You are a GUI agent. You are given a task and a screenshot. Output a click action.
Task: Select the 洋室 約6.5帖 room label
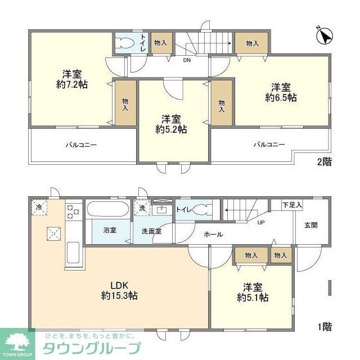(x=281, y=92)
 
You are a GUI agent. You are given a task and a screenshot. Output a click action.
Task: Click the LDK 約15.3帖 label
(x=120, y=290)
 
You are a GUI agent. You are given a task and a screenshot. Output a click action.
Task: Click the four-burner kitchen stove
(x=73, y=211)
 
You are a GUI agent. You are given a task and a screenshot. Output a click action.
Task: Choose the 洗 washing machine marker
(x=142, y=207)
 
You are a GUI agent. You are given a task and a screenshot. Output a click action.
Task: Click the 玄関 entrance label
(x=311, y=225)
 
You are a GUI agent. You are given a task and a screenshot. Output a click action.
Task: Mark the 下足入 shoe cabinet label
(x=292, y=205)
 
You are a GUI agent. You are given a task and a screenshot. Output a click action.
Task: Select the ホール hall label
(x=213, y=234)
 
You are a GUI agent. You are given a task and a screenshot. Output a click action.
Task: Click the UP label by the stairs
(x=261, y=222)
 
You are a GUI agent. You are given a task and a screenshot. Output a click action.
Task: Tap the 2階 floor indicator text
(x=324, y=162)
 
